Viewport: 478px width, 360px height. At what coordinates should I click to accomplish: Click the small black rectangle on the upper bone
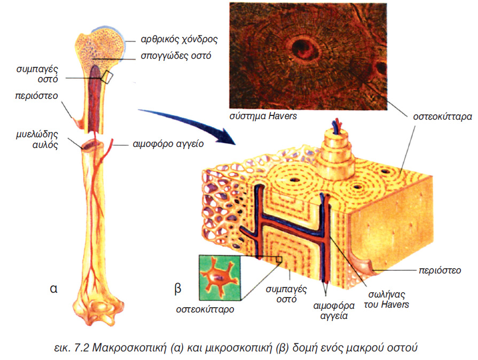coord(108,77)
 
